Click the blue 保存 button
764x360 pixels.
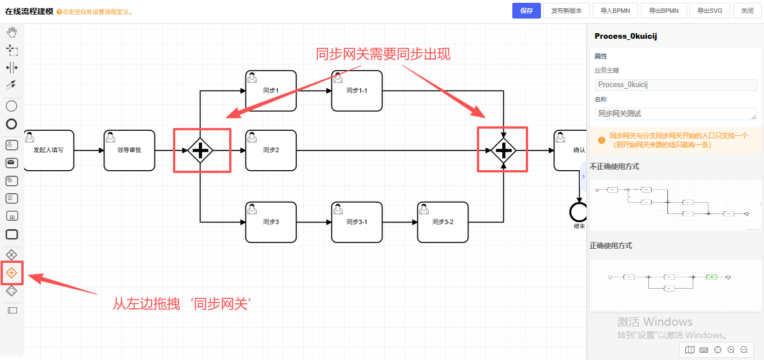(526, 11)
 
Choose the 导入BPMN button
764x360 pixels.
(615, 11)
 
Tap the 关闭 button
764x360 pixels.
(747, 11)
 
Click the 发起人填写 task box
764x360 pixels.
(49, 150)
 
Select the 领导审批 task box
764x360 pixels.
(129, 150)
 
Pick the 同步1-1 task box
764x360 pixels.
(357, 90)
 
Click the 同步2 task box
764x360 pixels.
(271, 150)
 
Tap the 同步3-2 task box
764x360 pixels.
(443, 222)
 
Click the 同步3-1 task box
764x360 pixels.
(357, 222)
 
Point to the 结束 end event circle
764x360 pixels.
(579, 212)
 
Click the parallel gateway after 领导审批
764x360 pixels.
(201, 151)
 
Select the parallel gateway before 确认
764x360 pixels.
(504, 151)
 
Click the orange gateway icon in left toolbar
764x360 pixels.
(11, 273)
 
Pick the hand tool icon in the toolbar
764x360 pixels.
(11, 33)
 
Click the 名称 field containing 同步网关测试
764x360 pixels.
(676, 114)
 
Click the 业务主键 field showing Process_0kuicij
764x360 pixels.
(676, 85)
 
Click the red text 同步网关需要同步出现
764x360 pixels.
(383, 54)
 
